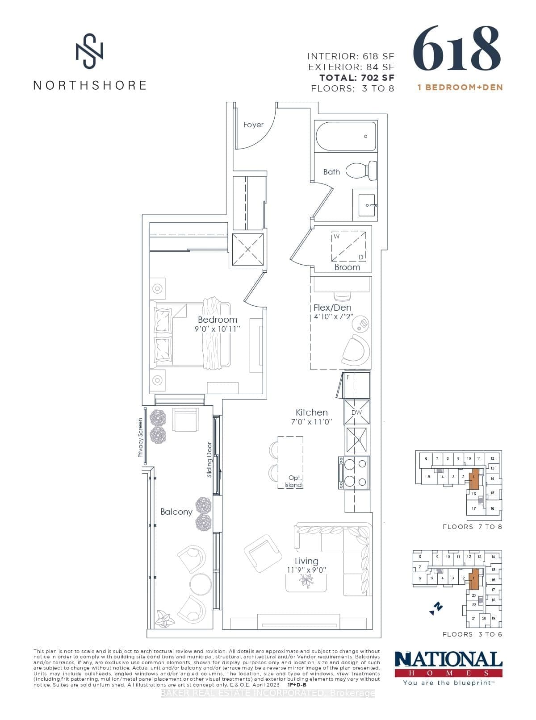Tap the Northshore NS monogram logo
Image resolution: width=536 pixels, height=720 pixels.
[x=89, y=50]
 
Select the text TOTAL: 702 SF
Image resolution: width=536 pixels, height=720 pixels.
[x=356, y=78]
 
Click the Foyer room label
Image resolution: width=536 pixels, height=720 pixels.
[x=253, y=125]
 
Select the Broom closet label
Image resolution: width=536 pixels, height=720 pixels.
[x=347, y=267]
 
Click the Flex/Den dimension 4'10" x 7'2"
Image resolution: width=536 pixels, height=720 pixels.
[x=333, y=317]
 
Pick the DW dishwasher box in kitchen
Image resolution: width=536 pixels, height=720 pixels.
[x=356, y=412]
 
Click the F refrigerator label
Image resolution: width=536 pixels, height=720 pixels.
[x=348, y=377]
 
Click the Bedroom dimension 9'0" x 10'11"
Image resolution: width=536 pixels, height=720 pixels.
[x=218, y=329]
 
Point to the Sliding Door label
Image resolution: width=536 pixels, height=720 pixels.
[x=209, y=460]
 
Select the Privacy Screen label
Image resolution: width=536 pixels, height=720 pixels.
[x=140, y=437]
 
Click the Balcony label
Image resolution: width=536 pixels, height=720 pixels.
[x=176, y=512]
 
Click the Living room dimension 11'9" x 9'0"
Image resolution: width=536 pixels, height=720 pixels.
[x=307, y=570]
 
